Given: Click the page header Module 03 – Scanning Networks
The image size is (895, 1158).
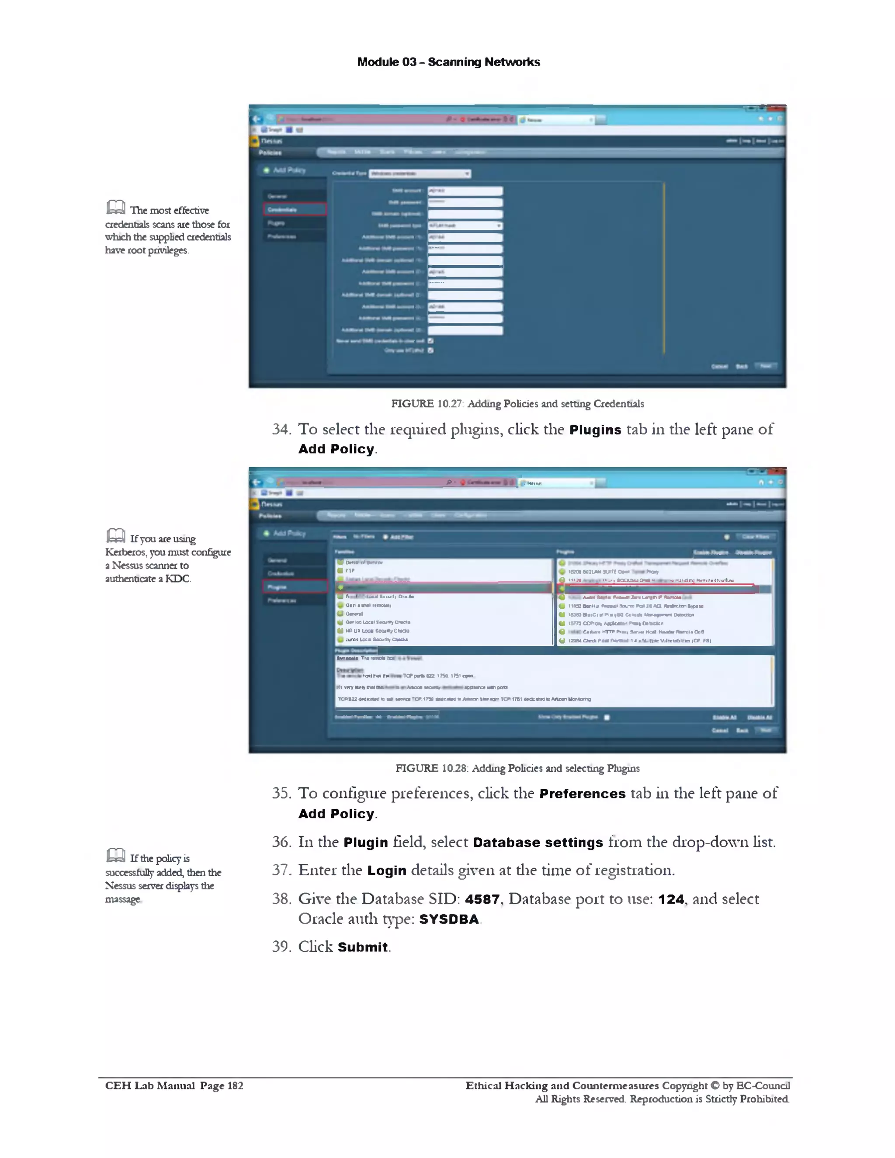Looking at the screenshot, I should coord(448,62).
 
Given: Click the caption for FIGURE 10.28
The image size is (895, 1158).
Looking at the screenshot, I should coord(517,768).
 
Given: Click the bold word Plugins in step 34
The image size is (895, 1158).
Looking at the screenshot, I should coord(595,430).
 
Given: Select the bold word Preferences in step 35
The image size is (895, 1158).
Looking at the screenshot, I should coord(582,794).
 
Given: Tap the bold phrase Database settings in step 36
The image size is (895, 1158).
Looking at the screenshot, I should coord(538,842).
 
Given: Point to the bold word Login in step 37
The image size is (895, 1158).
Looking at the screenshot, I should coord(386,870).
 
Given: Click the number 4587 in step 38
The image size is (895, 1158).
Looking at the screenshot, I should coord(482,899).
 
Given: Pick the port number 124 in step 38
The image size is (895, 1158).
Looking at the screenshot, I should coord(671,899).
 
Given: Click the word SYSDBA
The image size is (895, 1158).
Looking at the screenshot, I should coord(448,919).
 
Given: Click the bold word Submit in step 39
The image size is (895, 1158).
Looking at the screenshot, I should coord(363,947).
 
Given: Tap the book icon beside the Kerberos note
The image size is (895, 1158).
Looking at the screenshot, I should coord(115,536).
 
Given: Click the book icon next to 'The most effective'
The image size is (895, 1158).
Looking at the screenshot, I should coord(115,207).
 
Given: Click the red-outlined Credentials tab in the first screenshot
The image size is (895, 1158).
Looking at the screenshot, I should coord(295,209).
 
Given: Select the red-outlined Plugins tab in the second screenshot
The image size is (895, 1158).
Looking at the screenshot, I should coord(295,586).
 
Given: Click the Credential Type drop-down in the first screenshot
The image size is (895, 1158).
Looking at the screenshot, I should coord(420,173).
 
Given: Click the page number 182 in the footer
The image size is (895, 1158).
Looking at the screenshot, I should coord(235,1085).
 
